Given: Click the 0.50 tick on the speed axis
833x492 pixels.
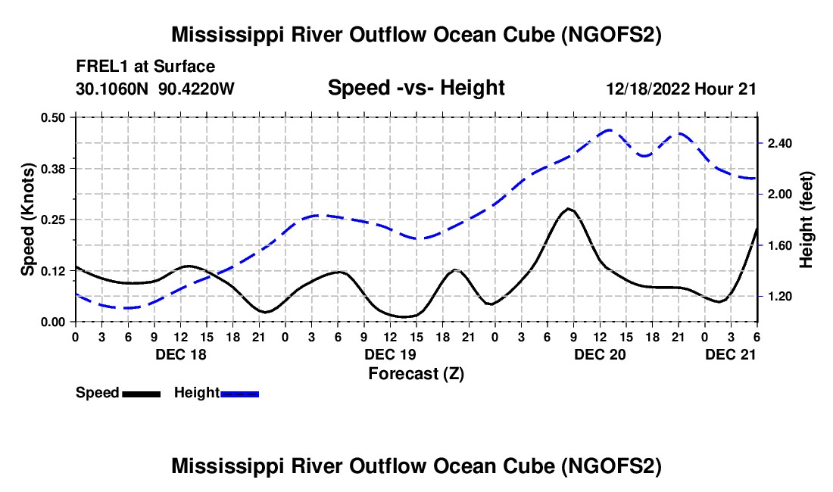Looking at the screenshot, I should point(56,117).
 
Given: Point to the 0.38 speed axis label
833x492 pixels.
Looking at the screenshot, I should point(56,168).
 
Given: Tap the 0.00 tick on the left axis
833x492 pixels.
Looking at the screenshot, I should point(56,322).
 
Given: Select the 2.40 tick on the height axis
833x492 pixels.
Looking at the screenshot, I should point(779,143).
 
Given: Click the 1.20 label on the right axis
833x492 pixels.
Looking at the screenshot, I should point(779,297).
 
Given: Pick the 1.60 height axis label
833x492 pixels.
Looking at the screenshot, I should point(779,245).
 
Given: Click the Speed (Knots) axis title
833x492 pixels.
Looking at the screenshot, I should point(28,220).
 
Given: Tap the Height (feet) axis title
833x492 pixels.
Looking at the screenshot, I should point(806,220).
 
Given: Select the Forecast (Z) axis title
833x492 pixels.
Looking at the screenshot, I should point(416,373).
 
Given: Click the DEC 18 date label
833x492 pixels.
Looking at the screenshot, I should point(180,354).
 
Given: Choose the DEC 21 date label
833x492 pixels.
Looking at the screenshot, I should point(731,354).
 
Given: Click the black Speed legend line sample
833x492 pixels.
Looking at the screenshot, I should point(140,394).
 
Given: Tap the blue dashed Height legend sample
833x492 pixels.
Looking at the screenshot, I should point(240,394).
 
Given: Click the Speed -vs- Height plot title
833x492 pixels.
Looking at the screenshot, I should point(416,88).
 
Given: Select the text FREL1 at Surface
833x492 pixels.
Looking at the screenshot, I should point(145,67).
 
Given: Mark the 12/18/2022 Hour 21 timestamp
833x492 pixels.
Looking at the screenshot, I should point(681,89).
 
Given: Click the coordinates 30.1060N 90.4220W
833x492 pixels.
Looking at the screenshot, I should point(155,89).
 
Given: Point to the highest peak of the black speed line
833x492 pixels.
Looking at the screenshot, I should point(568,208).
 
